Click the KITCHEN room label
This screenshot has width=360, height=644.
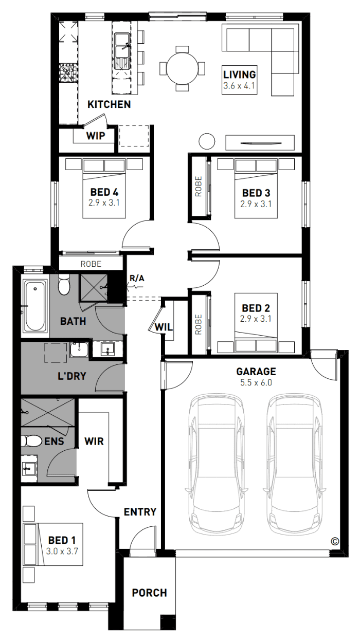pos(109,104)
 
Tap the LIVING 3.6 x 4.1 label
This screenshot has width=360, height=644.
pos(240,80)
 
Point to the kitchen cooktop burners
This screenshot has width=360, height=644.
pos(68,73)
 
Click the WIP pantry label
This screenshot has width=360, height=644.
pos(96,136)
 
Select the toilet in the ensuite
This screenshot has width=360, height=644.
pos(32,441)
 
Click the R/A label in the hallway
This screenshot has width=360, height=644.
pos(137,278)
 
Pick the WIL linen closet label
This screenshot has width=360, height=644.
pos(164,327)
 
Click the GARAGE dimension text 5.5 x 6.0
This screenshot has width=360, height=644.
pos(256,383)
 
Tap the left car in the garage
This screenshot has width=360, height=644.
pos(216,465)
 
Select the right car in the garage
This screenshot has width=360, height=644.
pos(293,465)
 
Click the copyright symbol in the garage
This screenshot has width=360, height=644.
pos(335,541)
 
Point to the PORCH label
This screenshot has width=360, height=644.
pos(149,593)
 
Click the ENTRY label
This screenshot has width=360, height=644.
pos(140,512)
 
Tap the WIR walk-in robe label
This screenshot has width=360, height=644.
pos(94,441)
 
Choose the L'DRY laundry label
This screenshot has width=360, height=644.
pos(72,376)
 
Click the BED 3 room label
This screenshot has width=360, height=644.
pos(256,193)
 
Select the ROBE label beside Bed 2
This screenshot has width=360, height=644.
pos(199,324)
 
